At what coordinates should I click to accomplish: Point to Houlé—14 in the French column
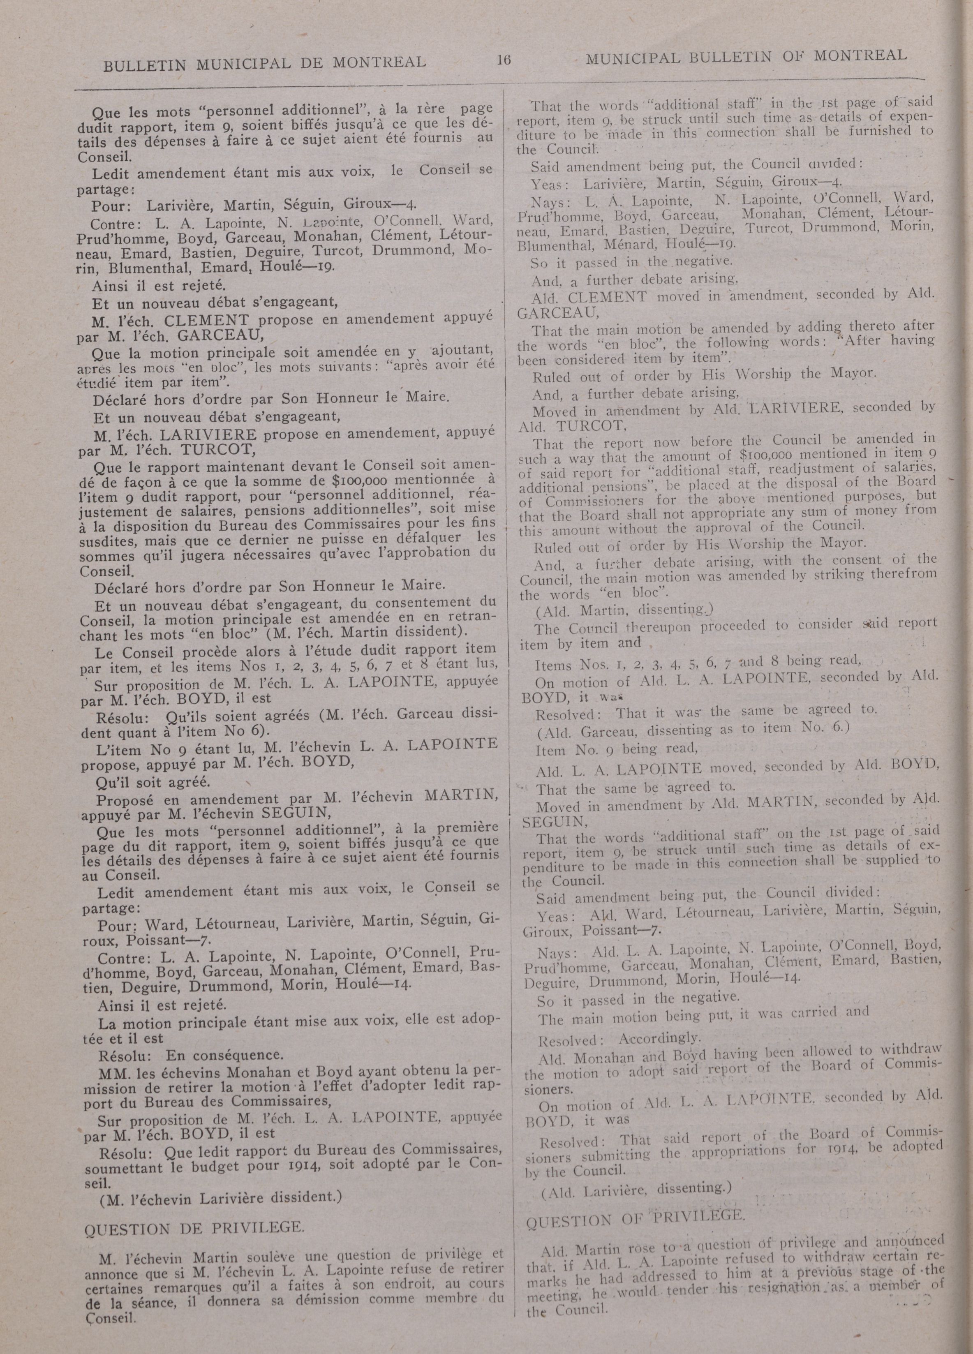pyautogui.click(x=386, y=984)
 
